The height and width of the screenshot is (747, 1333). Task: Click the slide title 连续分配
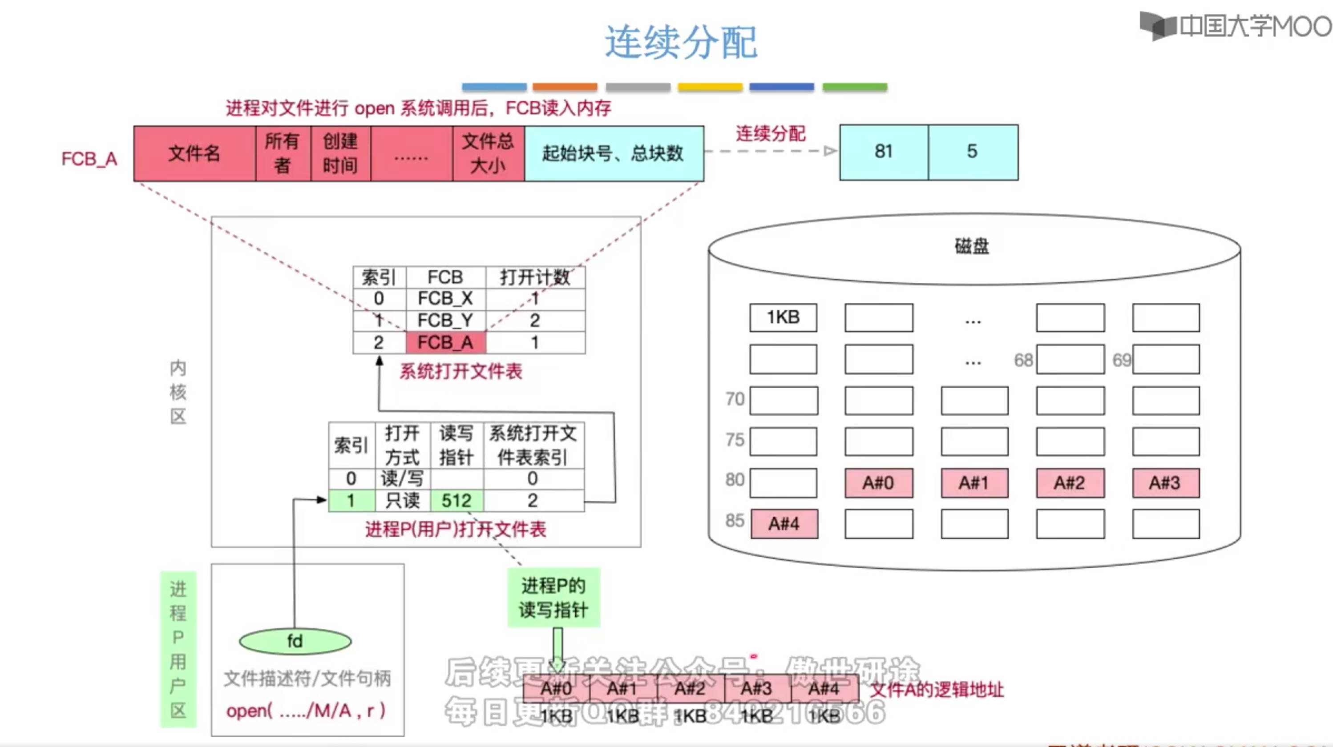coord(681,42)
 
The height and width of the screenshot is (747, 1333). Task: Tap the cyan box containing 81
coord(884,152)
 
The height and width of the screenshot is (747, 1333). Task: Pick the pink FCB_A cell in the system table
coord(445,342)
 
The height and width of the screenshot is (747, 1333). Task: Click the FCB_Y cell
coord(445,320)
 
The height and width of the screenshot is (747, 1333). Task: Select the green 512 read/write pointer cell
coord(456,500)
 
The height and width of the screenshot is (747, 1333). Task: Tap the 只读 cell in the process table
coord(403,500)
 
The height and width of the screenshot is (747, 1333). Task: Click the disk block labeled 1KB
coord(783,317)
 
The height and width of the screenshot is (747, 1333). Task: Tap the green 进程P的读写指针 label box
coord(553,598)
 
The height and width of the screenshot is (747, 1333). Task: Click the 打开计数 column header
coord(535,277)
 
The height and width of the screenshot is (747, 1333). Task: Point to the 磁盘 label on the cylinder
coord(972,246)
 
